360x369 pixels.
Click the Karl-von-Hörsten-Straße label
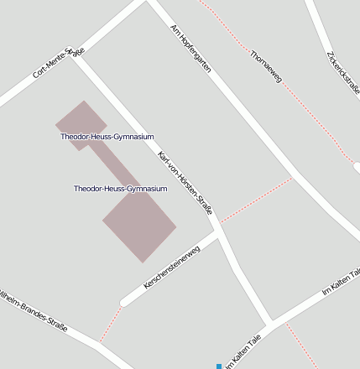point(185,183)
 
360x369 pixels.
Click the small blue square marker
point(219,366)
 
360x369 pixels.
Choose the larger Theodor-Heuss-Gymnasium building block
point(139,224)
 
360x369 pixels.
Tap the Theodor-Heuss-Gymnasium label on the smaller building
point(107,136)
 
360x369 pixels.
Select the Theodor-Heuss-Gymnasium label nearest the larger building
point(120,189)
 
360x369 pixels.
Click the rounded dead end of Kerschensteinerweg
point(126,299)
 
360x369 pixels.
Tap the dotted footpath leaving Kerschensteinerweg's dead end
point(110,323)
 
